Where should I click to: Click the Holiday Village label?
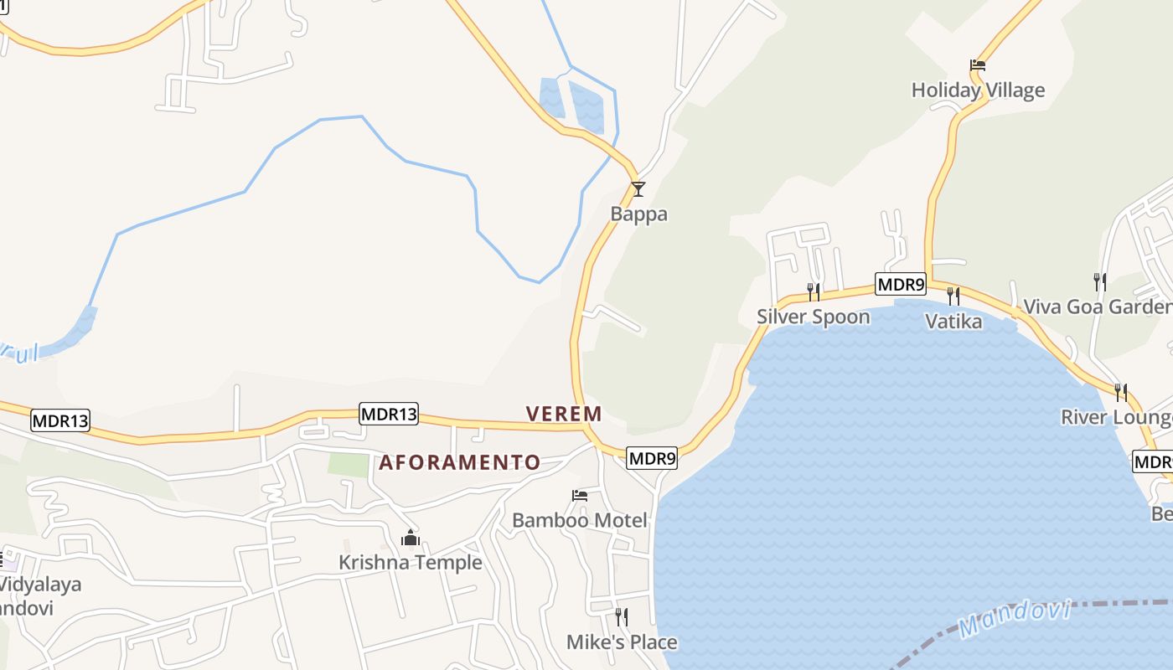978,90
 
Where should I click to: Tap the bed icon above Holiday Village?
978,64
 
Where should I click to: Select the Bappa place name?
638,214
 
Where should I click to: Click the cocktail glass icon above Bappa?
638,188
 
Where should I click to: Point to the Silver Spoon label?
813,317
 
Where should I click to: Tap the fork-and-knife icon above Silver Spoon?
813,291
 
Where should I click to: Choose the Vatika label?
953,321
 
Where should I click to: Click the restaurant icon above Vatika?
953,296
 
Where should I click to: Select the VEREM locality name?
564,413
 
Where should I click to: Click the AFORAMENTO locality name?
460,462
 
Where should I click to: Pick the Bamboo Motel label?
579,520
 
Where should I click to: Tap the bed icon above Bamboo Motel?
579,495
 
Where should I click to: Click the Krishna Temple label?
410,562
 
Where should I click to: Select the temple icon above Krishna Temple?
410,537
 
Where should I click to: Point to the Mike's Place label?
622,642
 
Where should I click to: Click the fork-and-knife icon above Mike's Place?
622,617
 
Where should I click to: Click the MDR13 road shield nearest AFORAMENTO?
389,414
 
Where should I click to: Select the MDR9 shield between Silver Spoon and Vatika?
901,285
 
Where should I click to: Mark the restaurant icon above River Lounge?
1120,392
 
